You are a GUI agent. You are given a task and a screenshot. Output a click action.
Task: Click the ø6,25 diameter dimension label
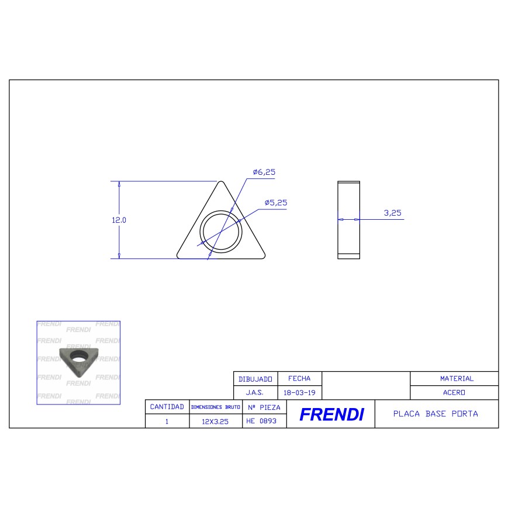(264, 172)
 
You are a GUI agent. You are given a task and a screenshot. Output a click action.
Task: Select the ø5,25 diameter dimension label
(275, 203)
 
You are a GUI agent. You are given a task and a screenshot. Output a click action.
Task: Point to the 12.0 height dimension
(119, 220)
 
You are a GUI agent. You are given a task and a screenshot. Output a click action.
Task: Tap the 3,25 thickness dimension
(393, 213)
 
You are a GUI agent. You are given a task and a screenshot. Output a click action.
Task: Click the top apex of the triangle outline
(222, 182)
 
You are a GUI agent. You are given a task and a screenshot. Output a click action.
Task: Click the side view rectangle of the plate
(349, 220)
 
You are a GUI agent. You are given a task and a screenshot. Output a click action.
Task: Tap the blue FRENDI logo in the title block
(331, 414)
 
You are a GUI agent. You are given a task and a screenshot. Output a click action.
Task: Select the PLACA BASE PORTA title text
(436, 414)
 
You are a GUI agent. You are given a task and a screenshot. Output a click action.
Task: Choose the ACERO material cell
(454, 393)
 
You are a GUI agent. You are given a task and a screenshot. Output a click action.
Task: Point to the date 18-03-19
(299, 393)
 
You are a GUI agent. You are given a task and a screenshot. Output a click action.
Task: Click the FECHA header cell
(299, 379)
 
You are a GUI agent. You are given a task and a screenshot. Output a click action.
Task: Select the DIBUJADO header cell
(255, 379)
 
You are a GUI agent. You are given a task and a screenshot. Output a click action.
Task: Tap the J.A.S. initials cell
(255, 393)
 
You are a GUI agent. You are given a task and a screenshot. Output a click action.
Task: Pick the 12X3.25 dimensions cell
(215, 421)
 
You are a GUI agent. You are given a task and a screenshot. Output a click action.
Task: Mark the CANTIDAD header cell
(167, 407)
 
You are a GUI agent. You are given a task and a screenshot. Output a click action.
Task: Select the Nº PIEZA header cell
(264, 407)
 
